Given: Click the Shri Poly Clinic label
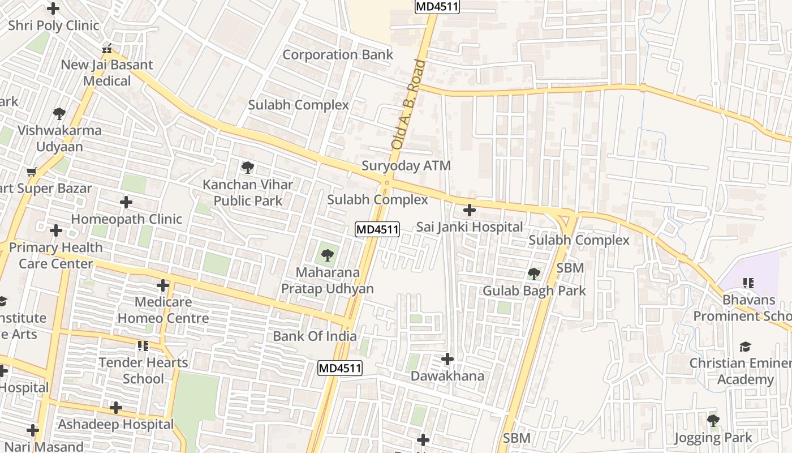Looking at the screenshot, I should pos(54,25).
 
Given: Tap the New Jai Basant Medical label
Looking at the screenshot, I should pos(107,72).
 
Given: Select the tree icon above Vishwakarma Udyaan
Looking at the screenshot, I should pos(59,114).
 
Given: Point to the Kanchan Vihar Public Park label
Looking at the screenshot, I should pos(248,193).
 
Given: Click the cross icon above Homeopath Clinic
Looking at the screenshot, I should pos(126,202).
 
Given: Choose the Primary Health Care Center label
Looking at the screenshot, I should pos(56,255).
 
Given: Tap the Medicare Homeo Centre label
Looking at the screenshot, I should pos(163,310).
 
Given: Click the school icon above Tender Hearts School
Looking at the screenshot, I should pos(143,345).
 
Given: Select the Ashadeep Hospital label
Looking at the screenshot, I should pos(116,424).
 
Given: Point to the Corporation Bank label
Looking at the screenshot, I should pos(338,55).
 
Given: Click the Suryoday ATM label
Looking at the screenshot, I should pos(406,166).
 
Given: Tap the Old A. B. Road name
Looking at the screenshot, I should pos(408,105).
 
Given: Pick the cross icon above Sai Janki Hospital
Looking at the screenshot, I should pos(469,211).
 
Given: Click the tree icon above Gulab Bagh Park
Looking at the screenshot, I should pos(533,275).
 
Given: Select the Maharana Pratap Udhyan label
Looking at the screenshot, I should pos(328,280).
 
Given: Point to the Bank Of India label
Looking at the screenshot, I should pos(315,336).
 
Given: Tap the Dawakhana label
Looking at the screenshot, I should pos(447,376).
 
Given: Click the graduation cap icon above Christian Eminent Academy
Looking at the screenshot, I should pos(745,347).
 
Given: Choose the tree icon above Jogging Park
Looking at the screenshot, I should pos(713,421).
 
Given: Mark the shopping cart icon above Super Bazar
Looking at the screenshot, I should pos(32,172).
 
